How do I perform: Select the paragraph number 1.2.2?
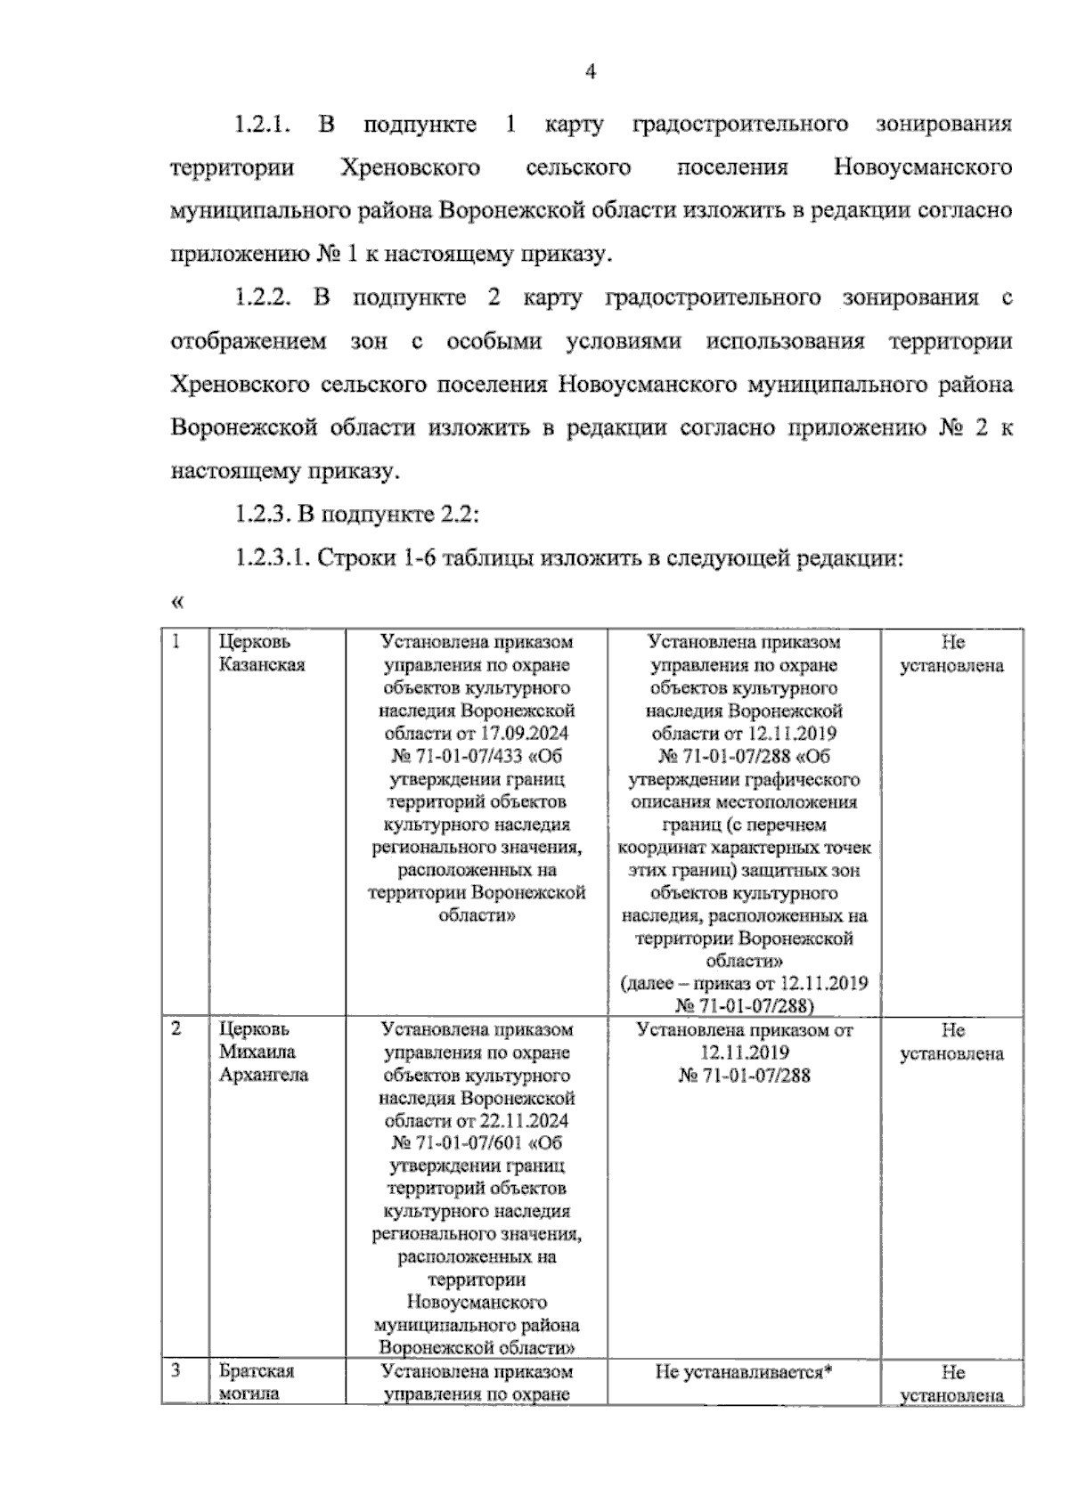point(263,298)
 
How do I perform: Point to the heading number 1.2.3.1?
point(271,558)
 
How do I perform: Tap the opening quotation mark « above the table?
point(176,603)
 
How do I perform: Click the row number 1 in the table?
point(177,642)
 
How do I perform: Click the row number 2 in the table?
point(176,1029)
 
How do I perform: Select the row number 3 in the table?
point(176,1370)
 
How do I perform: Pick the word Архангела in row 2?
point(264,1075)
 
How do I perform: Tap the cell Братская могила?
point(257,1382)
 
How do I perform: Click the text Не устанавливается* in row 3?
point(743,1372)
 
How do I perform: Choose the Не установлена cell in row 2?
point(951,1042)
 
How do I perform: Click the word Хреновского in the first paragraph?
point(411,167)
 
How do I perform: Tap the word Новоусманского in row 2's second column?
point(477,1302)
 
